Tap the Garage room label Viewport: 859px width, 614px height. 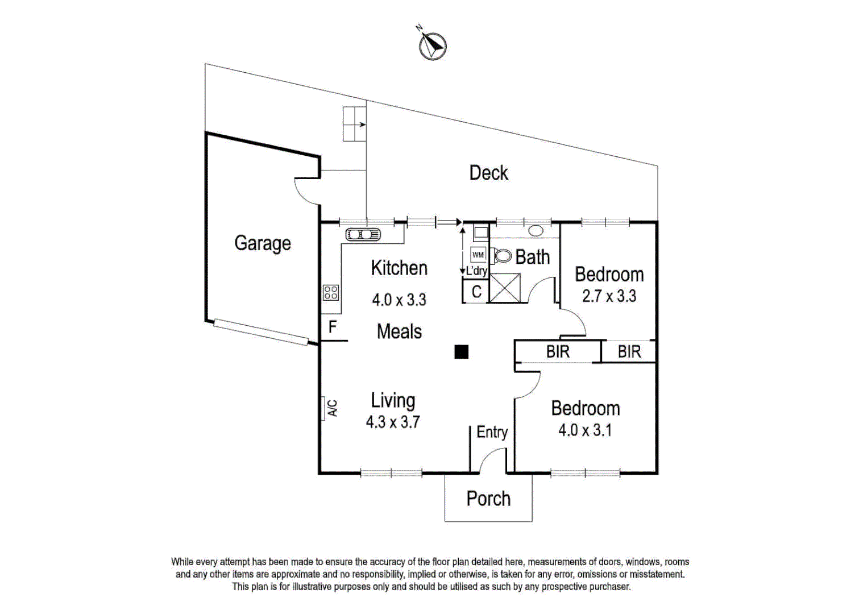pos(263,243)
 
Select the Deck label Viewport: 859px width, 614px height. pos(488,173)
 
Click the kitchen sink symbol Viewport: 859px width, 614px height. pos(363,234)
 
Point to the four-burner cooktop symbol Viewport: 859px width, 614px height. pos(331,293)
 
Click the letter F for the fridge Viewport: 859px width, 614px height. pos(333,327)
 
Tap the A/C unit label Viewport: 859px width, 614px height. pos(332,408)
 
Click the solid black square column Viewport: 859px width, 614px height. pos(461,352)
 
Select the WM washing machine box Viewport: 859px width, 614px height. pos(478,255)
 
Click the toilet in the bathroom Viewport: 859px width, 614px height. pos(502,256)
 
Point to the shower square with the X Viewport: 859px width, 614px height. pos(504,288)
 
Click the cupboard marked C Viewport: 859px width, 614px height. pos(476,292)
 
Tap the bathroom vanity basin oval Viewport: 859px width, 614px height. pos(536,231)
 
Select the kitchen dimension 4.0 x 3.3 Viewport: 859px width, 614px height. pos(399,300)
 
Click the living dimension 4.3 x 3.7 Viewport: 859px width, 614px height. pos(393,422)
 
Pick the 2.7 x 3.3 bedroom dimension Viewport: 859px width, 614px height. pos(609,296)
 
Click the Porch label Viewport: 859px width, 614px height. pos(488,499)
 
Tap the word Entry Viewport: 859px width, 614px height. pos(492,432)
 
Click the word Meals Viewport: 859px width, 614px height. pos(399,331)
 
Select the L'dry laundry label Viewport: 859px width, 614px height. pos(476,271)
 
